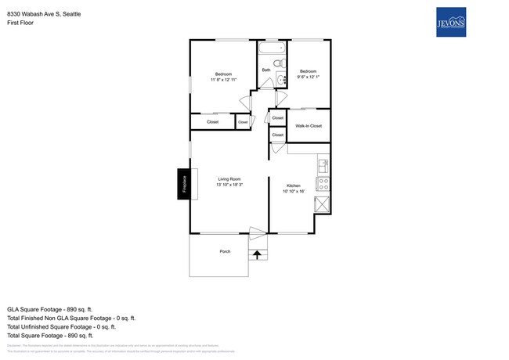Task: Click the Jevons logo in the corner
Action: click(450, 22)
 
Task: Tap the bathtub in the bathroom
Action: click(273, 49)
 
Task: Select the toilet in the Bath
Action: click(280, 63)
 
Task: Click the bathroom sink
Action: click(282, 78)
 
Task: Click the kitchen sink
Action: click(322, 166)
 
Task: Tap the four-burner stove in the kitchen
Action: click(322, 185)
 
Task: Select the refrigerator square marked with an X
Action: click(322, 205)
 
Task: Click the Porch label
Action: click(225, 251)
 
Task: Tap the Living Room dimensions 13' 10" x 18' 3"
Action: click(229, 184)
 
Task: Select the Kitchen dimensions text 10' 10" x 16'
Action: click(293, 191)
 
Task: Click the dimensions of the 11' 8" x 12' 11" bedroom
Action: click(223, 80)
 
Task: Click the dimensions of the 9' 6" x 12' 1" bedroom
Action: click(308, 77)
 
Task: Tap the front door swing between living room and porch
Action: click(258, 232)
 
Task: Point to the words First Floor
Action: click(20, 23)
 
